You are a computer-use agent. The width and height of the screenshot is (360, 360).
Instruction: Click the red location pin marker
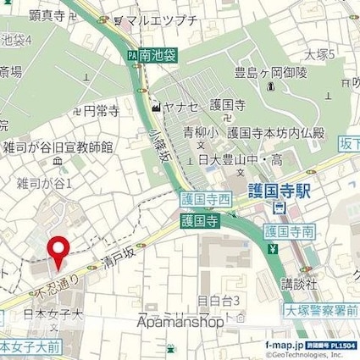(x=58, y=252)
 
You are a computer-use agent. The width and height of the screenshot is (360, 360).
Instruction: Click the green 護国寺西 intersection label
(x=206, y=201)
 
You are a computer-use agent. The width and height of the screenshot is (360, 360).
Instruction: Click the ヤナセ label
(x=180, y=108)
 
